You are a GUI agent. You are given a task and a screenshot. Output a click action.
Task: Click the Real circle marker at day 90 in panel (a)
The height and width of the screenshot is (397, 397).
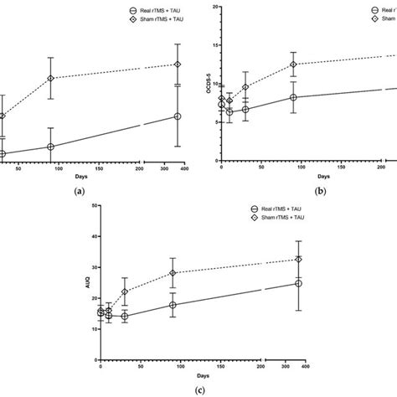[75, 147]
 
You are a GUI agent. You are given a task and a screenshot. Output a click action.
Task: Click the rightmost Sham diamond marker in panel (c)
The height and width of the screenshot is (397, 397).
[298, 259]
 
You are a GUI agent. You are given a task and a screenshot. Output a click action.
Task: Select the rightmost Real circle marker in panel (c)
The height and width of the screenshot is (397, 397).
[298, 283]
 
